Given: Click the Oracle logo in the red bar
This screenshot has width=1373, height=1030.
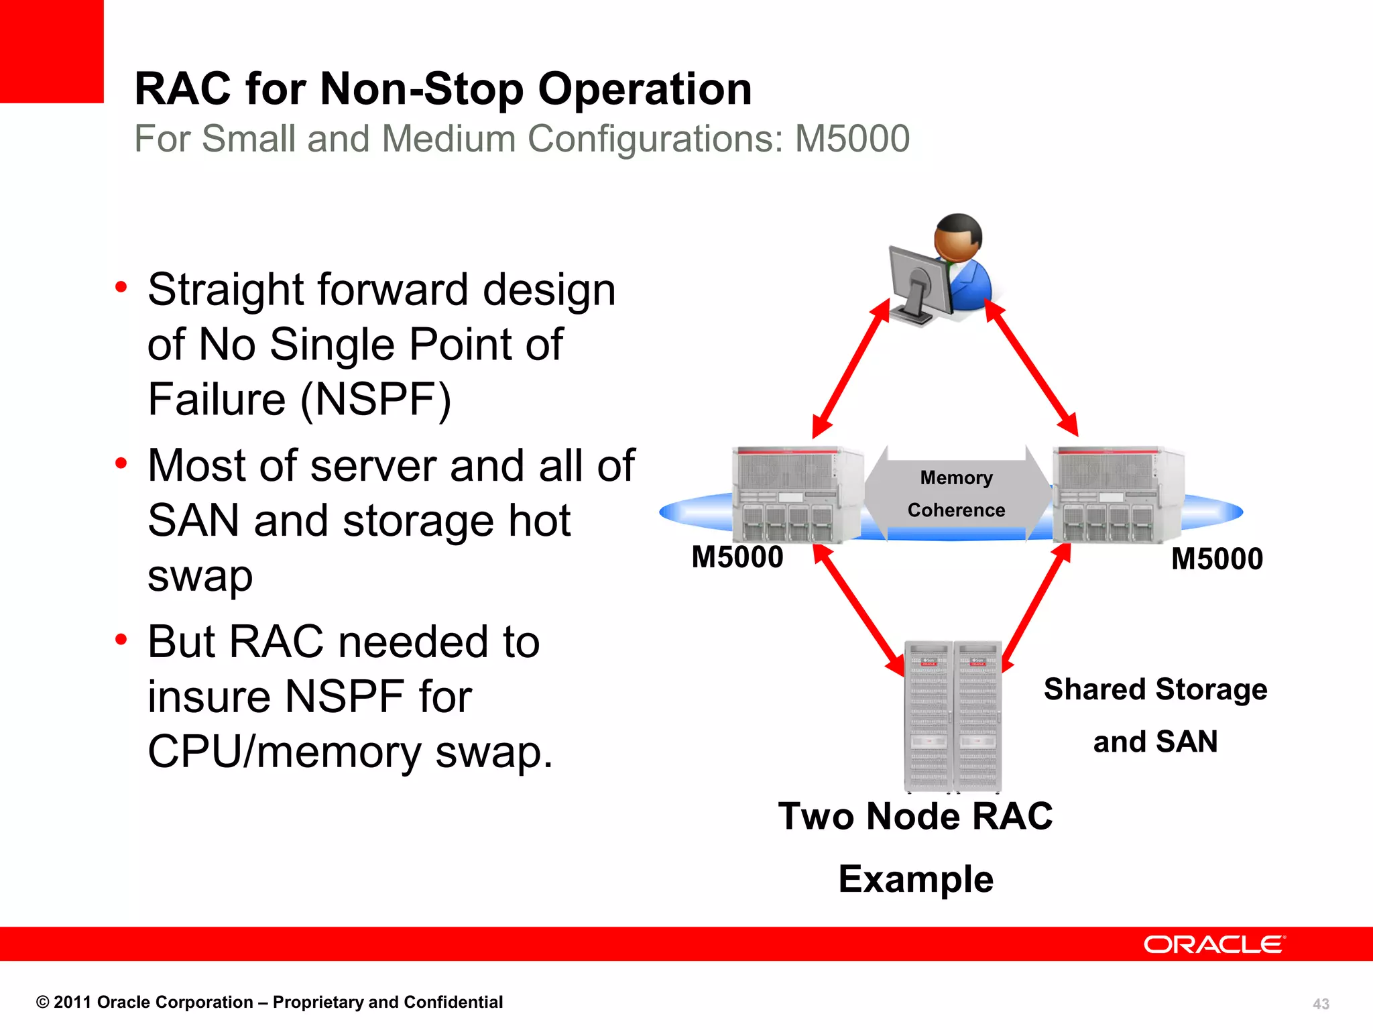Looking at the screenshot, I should point(1213,944).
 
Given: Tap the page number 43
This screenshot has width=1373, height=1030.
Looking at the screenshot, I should point(1321,1004).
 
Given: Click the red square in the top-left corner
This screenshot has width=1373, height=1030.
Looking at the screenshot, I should point(51,51).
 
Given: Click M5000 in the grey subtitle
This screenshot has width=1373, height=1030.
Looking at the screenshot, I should point(851,139).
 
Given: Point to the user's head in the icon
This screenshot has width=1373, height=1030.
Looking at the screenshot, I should point(959,238).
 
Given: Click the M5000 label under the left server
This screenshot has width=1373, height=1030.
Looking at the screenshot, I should point(737,557).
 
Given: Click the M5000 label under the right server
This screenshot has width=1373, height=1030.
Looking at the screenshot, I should point(1217,559).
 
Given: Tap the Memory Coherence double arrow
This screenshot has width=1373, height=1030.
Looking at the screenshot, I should point(957,494).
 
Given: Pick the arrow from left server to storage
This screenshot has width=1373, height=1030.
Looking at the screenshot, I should point(859,609).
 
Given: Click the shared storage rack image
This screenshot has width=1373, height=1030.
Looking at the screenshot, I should point(953,716).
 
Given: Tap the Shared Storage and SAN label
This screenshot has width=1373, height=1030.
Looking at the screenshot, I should point(1155,715).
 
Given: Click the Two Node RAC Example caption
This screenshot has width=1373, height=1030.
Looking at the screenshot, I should point(916,847).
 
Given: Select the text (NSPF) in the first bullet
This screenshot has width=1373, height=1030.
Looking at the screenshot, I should point(375,400).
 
